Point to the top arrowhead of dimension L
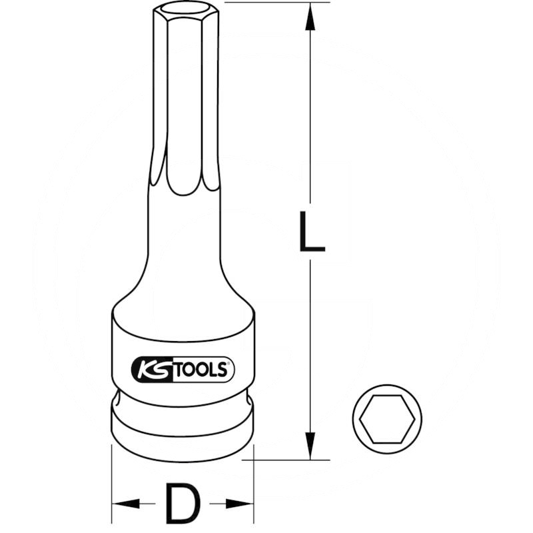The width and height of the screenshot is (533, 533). point(310,17)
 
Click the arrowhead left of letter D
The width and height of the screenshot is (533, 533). point(124,504)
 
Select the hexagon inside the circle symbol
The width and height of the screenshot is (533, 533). point(387,420)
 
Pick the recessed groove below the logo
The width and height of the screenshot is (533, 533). point(181,403)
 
